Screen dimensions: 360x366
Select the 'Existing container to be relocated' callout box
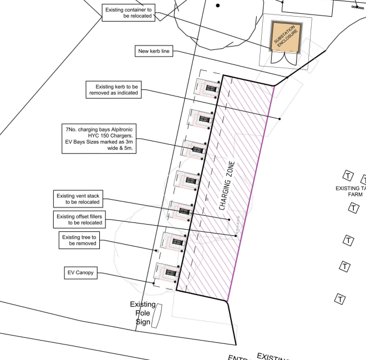point(128,12)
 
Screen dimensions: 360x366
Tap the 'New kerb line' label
point(155,52)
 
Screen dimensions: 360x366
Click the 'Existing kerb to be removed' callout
point(113,89)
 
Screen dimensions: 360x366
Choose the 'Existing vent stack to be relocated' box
point(79,199)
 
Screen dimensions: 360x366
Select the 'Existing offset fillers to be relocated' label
point(79,219)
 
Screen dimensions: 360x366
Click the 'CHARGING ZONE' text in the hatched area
point(225,186)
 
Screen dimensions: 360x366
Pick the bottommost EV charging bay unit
point(167,272)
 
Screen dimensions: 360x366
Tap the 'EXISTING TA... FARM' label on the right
point(350,191)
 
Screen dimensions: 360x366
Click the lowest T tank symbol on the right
point(340,299)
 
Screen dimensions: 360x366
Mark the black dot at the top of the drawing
point(217,6)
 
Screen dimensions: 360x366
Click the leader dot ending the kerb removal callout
point(280,118)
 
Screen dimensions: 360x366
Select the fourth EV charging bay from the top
point(187,180)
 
